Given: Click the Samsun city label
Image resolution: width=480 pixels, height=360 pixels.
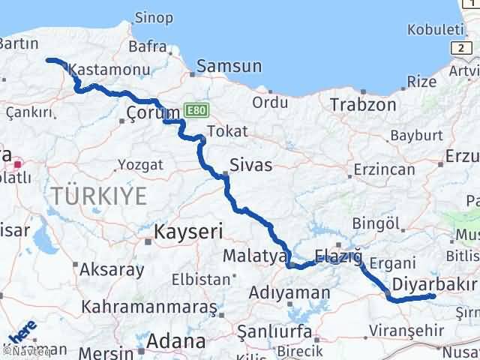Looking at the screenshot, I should pyautogui.click(x=229, y=67).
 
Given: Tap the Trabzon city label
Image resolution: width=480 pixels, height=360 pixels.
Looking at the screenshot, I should pyautogui.click(x=363, y=105).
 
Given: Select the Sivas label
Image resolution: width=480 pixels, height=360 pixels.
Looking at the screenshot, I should pyautogui.click(x=251, y=165).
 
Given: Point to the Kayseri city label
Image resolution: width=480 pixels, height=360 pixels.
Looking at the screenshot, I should pyautogui.click(x=188, y=232).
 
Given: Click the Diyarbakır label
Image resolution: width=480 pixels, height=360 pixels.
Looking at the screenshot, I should pyautogui.click(x=434, y=284).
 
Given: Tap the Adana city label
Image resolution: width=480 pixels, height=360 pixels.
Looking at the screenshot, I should pyautogui.click(x=177, y=341).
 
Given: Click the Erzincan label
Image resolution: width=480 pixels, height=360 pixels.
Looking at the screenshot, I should pyautogui.click(x=384, y=170).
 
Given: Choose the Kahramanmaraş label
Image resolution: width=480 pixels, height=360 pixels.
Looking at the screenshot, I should pyautogui.click(x=150, y=307).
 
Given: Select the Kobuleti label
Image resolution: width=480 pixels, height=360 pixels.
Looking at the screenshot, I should pyautogui.click(x=433, y=29).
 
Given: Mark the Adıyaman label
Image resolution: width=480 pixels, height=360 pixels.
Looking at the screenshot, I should pyautogui.click(x=289, y=292).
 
